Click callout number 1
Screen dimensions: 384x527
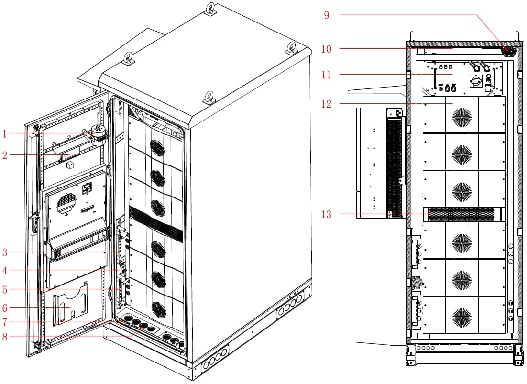(x=4, y=134)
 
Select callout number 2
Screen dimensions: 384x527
(x=4, y=155)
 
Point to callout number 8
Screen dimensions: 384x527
(x=4, y=336)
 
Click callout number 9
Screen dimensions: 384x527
(x=326, y=15)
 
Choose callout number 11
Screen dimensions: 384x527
(x=326, y=75)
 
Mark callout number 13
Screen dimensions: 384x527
(x=326, y=215)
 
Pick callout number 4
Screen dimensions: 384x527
(x=4, y=271)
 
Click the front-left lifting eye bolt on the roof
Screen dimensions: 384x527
(x=127, y=59)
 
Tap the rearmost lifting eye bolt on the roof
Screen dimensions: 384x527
(x=210, y=8)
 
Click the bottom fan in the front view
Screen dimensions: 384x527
(x=461, y=316)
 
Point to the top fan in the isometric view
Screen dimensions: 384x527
(x=157, y=147)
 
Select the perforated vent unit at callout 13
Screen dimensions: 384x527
(x=464, y=215)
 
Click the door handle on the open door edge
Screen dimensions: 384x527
(x=34, y=223)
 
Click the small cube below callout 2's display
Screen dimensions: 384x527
(x=70, y=165)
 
